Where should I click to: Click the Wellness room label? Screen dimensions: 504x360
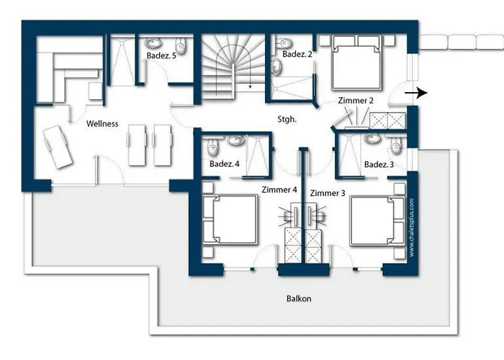pyautogui.click(x=102, y=124)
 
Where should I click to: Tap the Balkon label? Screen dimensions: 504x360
pyautogui.click(x=299, y=299)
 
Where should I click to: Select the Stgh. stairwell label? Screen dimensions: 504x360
pyautogui.click(x=287, y=120)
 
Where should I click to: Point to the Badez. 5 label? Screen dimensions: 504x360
pyautogui.click(x=161, y=55)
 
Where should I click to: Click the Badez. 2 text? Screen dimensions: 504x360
pyautogui.click(x=297, y=54)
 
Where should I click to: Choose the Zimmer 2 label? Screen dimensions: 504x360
pyautogui.click(x=356, y=101)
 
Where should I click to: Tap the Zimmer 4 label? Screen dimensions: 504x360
pyautogui.click(x=279, y=189)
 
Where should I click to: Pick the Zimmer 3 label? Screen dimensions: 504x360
pyautogui.click(x=328, y=193)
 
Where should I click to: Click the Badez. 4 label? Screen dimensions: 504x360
pyautogui.click(x=225, y=164)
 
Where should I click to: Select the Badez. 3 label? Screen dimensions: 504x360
pyautogui.click(x=379, y=165)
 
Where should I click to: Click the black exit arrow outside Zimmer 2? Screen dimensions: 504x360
pyautogui.click(x=416, y=93)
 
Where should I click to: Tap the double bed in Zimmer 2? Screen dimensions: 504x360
pyautogui.click(x=357, y=63)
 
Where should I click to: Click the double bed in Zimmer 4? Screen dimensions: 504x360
pyautogui.click(x=230, y=220)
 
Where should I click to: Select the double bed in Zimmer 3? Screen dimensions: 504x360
pyautogui.click(x=377, y=222)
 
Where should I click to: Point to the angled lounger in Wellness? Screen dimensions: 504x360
pyautogui.click(x=58, y=147)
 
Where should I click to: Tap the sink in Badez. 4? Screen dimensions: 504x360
pyautogui.click(x=236, y=140)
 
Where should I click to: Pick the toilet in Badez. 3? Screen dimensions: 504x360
pyautogui.click(x=396, y=146)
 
